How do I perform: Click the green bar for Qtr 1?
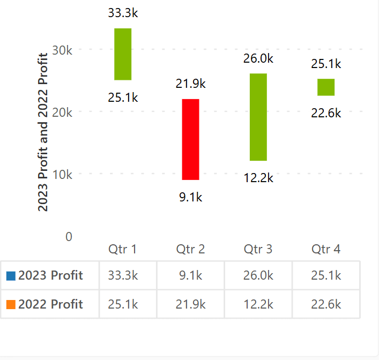pos(123,54)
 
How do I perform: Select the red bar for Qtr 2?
pos(190,139)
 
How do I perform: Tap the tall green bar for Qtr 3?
pos(258,117)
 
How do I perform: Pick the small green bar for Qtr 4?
pos(326,87)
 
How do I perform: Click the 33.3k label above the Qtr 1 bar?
pos(123,13)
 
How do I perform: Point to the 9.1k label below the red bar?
pos(190,197)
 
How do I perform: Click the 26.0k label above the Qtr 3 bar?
pos(258,59)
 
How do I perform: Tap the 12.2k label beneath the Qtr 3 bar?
pos(258,178)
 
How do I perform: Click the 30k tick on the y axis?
pos(63,50)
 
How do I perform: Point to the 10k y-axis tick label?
pos(63,175)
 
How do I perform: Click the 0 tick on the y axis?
pos(69,236)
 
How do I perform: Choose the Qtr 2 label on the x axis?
pos(190,249)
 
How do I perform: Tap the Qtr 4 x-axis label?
pos(326,249)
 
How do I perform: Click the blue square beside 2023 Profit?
pos(11,276)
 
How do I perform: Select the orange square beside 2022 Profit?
pos(11,305)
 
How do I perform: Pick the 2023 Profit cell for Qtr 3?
pos(258,276)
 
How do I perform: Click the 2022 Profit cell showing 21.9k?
pos(190,305)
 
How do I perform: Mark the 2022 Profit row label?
pos(50,305)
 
